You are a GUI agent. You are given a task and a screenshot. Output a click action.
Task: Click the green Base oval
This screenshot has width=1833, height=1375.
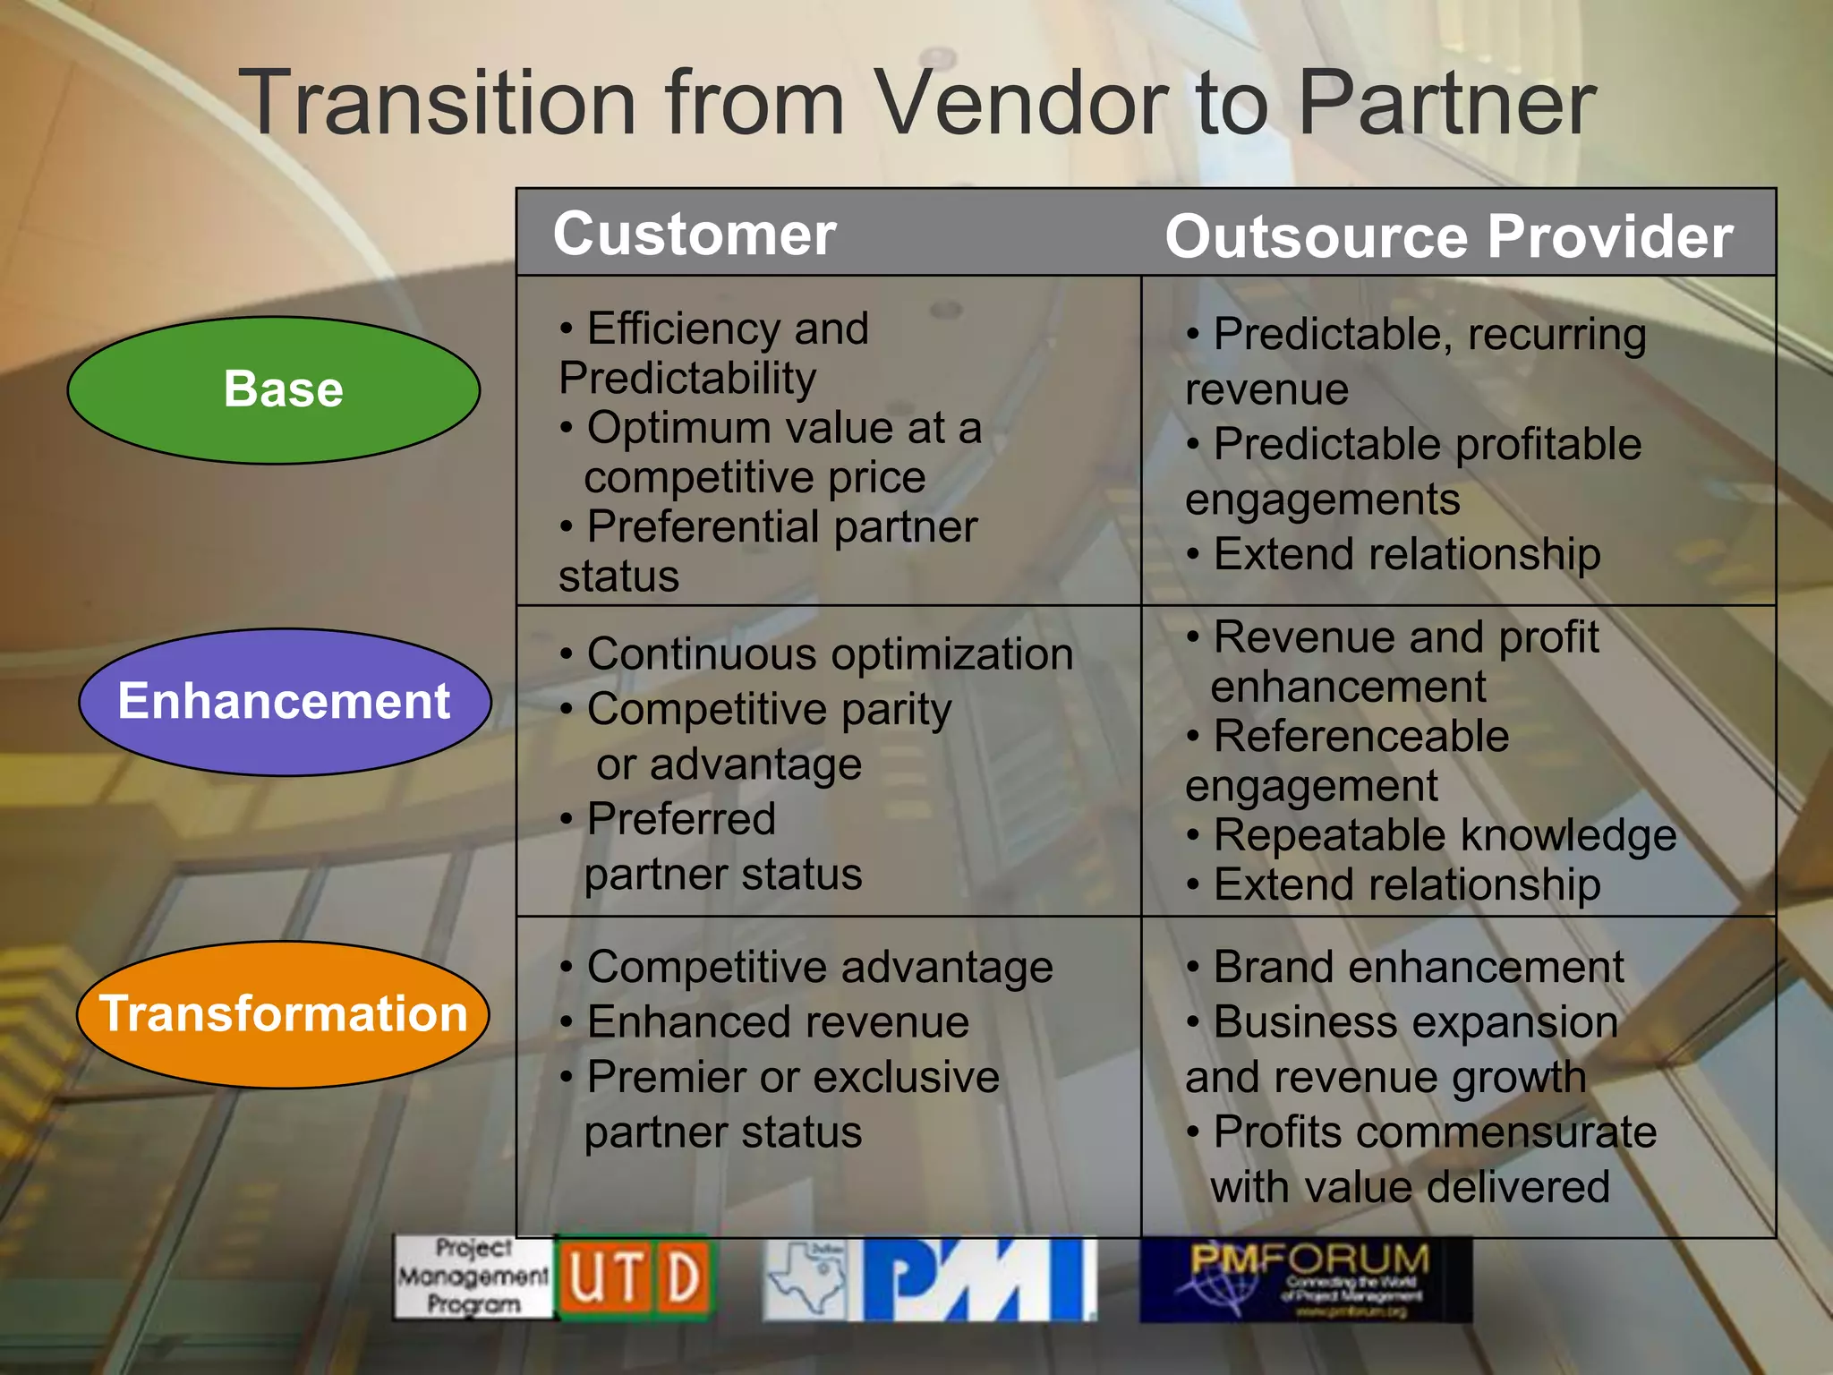[274, 389]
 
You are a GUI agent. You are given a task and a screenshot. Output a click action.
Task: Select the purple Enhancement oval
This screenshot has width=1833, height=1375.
[285, 701]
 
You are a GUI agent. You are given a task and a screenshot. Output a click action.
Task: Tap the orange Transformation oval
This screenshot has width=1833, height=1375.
[283, 1014]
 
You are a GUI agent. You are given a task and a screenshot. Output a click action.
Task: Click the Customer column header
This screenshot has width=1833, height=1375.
[695, 235]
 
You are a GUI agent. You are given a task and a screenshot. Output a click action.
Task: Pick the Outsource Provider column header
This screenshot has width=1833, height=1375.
[1448, 237]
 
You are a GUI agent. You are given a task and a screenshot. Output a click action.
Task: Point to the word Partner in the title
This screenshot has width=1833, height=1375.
[1445, 103]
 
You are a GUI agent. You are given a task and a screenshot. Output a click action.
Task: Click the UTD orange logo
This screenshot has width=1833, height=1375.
[635, 1277]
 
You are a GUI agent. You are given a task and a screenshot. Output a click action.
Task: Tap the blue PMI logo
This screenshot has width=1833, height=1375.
[979, 1279]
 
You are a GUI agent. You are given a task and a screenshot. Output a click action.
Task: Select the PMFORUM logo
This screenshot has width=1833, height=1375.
[1307, 1279]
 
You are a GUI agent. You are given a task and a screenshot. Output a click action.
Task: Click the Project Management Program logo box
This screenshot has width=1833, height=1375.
[473, 1277]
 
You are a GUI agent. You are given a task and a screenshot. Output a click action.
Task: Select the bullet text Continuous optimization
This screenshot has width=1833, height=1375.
[829, 654]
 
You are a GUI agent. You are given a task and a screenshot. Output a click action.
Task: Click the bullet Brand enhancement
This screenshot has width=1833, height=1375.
[1418, 968]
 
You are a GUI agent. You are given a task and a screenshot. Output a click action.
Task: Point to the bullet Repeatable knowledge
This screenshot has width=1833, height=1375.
[1444, 835]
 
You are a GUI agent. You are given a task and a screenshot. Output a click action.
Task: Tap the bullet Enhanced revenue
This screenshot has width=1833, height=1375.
[777, 1022]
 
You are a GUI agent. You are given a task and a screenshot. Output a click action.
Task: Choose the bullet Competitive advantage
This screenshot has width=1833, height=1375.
[819, 968]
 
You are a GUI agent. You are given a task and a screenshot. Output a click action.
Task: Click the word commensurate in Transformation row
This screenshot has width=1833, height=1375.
[1505, 1132]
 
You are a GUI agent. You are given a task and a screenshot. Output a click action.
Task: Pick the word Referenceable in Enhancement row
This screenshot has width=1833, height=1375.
[1360, 737]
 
